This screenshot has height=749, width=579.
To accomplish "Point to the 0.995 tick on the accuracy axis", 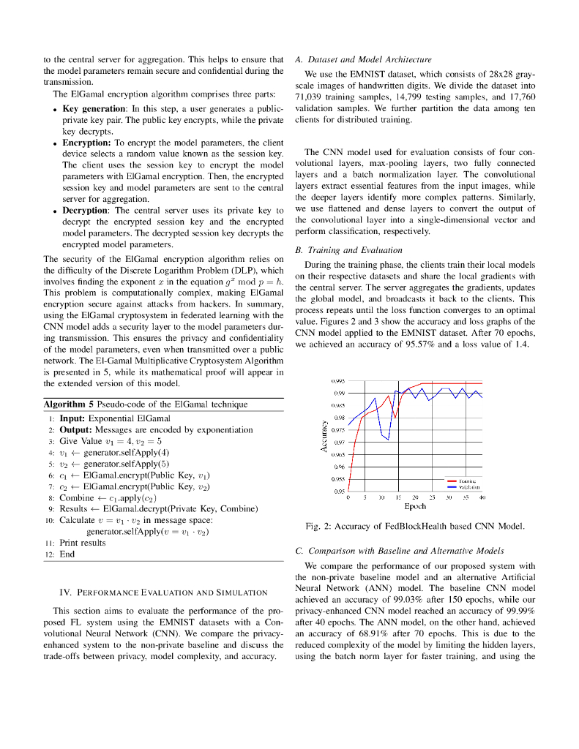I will (337, 381).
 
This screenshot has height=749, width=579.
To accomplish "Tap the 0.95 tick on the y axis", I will (340, 491).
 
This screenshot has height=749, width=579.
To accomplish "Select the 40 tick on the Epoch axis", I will (482, 497).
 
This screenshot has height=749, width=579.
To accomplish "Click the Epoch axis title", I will (415, 505).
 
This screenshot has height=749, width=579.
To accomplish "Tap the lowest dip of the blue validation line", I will (388, 440).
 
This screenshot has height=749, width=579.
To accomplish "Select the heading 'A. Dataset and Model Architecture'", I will (363, 59).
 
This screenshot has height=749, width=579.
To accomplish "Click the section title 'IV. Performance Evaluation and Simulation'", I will (163, 592).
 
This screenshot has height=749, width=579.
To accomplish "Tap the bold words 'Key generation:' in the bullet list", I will (91, 108).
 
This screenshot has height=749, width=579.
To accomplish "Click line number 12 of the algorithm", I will (50, 554).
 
